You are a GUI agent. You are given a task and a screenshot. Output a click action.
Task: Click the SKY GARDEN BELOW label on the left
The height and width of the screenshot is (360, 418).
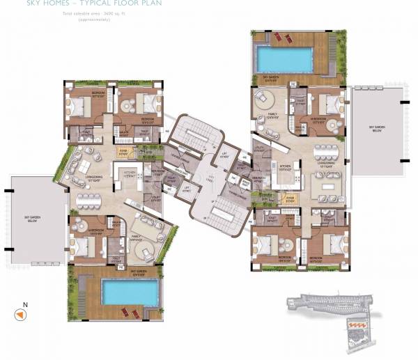(34, 219)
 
